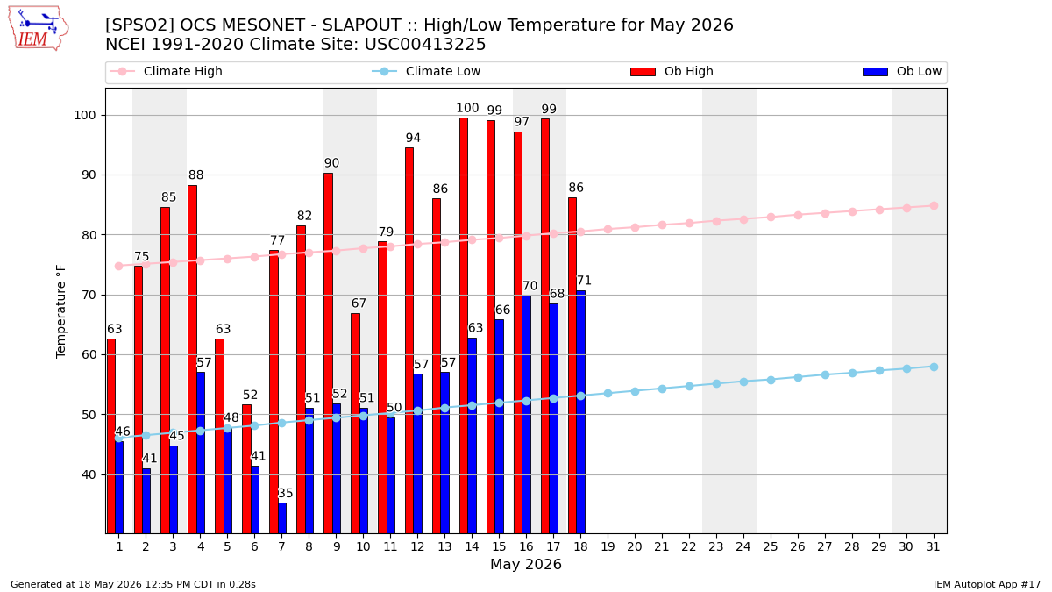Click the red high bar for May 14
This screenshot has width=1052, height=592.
pos(464,325)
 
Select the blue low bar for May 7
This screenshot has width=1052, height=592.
pos(282,518)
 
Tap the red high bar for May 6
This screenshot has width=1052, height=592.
pos(246,469)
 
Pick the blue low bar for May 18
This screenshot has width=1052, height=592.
pos(581,412)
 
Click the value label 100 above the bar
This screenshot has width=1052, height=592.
pos(467,108)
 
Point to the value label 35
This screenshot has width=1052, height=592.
pos(286,493)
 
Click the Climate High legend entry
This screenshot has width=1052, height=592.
pos(166,71)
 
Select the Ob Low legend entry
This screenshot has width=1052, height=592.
pos(902,71)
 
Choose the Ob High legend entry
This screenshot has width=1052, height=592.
pos(672,71)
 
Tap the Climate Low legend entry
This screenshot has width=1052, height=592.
pos(426,71)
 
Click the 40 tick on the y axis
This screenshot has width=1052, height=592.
pos(89,475)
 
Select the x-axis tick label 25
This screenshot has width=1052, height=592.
pos(771,547)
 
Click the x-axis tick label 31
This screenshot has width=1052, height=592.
pos(933,547)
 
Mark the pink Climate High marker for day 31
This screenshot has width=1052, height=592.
pos(934,206)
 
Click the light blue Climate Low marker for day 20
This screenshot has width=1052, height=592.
pos(635,391)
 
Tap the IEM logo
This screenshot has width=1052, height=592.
pos(38,29)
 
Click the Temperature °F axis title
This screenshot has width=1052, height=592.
pos(61,312)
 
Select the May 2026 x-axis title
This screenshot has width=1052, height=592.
pos(525,564)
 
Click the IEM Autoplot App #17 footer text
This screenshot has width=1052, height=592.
pos(987,584)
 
